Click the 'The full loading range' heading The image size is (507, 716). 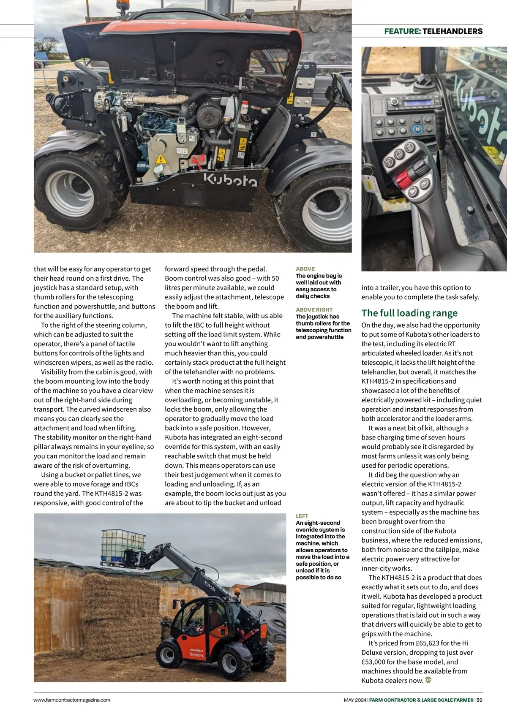coord(409,313)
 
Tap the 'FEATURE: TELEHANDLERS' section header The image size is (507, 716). coord(433,31)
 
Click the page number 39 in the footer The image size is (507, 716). coord(479,700)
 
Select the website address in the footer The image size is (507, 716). coord(72,700)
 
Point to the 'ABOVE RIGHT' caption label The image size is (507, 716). coord(314,309)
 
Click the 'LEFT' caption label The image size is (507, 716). coord(302,516)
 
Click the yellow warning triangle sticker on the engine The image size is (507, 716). coord(160,159)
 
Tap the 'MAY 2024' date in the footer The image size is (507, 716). coord(354,700)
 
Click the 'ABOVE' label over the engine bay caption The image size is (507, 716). coord(305,269)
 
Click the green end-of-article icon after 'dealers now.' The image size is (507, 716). coord(428,680)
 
